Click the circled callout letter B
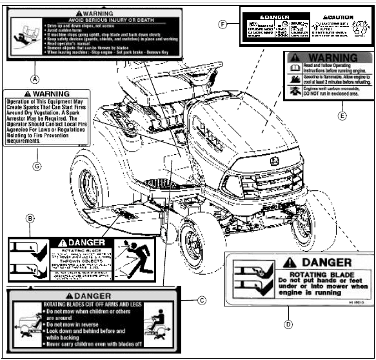(x=30, y=219)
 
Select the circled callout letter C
(x=201, y=299)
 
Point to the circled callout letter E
(x=342, y=116)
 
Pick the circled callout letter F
(x=223, y=25)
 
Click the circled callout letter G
(x=37, y=166)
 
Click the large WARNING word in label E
(x=337, y=58)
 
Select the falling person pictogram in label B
(x=137, y=257)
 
